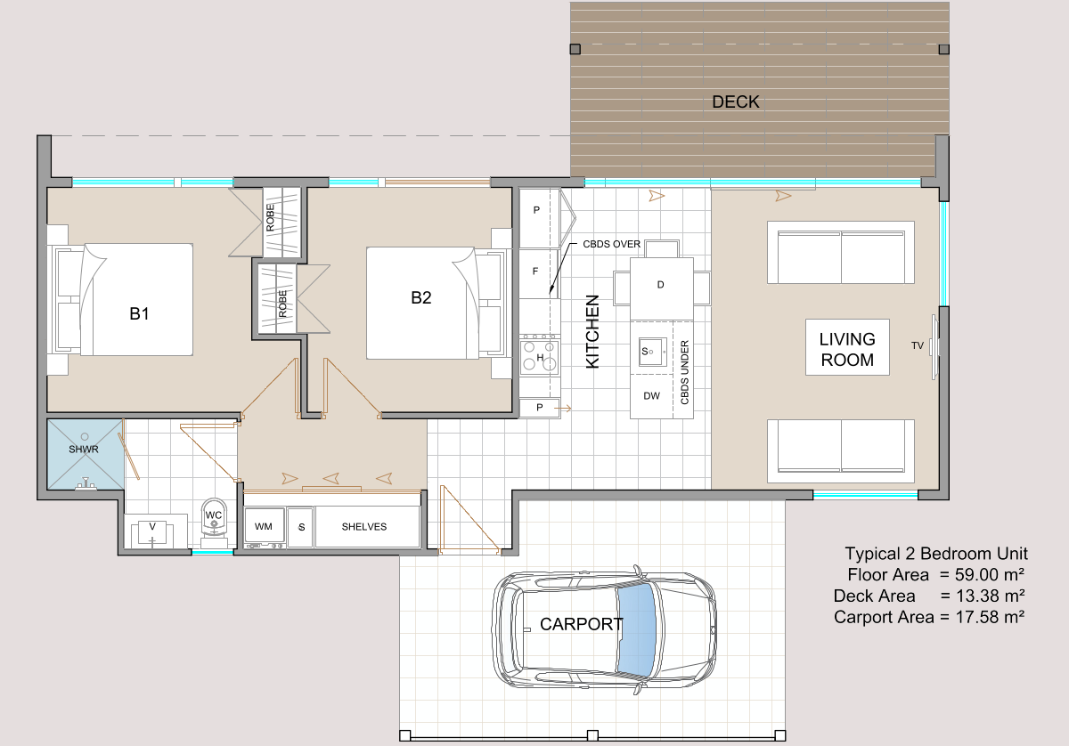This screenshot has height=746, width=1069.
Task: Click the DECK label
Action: point(736,102)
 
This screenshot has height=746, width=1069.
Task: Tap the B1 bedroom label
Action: point(139,314)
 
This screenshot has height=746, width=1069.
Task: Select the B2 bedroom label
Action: point(420,297)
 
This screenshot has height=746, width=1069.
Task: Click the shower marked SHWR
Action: point(85,454)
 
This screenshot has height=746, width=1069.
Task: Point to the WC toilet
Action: point(214,523)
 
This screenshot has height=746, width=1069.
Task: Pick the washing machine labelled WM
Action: point(264,527)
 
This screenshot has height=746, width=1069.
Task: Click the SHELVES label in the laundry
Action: point(364,527)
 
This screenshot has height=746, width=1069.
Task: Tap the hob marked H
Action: point(540,356)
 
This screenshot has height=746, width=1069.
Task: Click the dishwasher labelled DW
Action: point(652,396)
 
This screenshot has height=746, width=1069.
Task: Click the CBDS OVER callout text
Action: point(612,244)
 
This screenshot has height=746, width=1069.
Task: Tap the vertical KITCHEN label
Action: point(592,331)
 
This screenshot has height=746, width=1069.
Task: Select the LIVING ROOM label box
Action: point(847,347)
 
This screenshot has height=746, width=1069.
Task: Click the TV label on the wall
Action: point(918,345)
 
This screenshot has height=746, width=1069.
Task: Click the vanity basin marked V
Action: point(152,531)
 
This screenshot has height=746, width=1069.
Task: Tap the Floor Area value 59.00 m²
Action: point(990,575)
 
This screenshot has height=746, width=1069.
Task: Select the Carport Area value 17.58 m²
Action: point(991,617)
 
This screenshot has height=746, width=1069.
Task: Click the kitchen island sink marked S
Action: point(652,352)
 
